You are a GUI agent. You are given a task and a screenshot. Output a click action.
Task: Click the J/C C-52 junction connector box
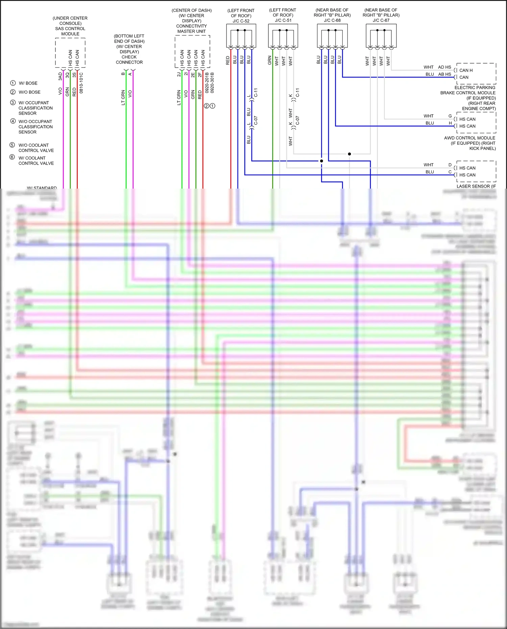coord(241,36)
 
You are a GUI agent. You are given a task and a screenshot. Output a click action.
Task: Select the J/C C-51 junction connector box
coord(283,36)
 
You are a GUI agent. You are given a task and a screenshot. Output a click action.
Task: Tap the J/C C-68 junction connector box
coord(332,36)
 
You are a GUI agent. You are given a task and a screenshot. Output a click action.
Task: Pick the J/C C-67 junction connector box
coord(381,36)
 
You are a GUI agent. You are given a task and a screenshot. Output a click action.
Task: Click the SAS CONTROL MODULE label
coord(70,31)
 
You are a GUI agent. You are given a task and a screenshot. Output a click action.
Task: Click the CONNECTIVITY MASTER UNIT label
coord(191,29)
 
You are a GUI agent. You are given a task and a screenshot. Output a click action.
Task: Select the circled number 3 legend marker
coord(13,102)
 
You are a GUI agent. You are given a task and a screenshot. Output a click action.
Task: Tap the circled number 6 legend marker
coord(12,157)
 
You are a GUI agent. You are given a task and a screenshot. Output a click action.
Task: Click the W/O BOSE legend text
coord(29,92)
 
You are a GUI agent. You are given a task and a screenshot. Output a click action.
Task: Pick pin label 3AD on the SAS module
coord(60,76)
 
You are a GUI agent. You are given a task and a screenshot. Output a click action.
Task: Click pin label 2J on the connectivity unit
coord(179,74)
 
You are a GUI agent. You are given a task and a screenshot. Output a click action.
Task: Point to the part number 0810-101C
coord(81,83)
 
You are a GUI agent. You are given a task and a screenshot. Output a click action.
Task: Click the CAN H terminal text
coord(466,70)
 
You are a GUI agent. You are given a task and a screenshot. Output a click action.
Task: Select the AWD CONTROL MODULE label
coord(469,138)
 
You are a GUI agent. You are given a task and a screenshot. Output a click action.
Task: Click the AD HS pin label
coord(444,67)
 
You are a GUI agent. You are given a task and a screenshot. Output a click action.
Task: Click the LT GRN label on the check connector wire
coord(123,97)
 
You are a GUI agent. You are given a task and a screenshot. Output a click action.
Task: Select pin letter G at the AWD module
coord(450,116)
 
